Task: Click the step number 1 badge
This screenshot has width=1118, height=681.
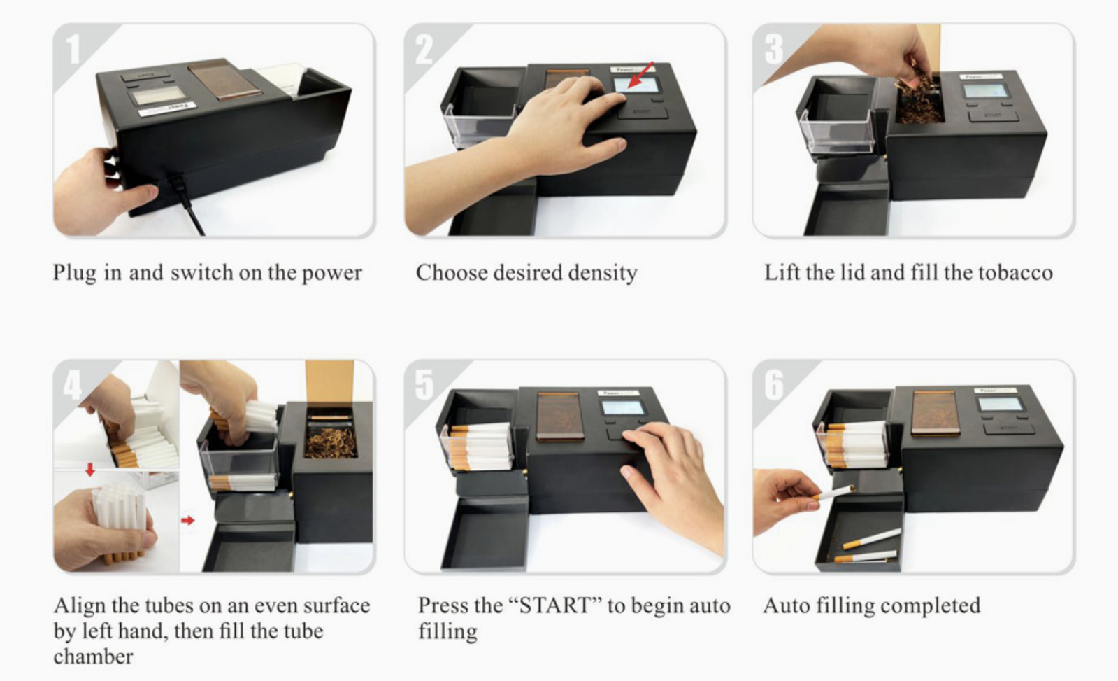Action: pyautogui.click(x=74, y=49)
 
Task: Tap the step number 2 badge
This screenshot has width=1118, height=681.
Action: pyautogui.click(x=424, y=49)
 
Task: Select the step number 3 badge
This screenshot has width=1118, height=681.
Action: pyautogui.click(x=773, y=49)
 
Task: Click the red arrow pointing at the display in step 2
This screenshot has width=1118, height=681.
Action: pyautogui.click(x=640, y=75)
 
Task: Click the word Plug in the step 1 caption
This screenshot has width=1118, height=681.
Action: pyautogui.click(x=75, y=273)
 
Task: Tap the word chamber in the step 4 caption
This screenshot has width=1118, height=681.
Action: pyautogui.click(x=93, y=657)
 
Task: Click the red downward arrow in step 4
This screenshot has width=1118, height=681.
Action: pyautogui.click(x=89, y=470)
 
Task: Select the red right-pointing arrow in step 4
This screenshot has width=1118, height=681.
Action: pyautogui.click(x=187, y=521)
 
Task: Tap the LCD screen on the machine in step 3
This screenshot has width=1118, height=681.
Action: pyautogui.click(x=987, y=91)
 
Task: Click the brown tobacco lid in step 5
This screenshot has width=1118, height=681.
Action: pyautogui.click(x=560, y=416)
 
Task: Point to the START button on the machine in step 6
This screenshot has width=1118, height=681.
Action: pyautogui.click(x=1009, y=428)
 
